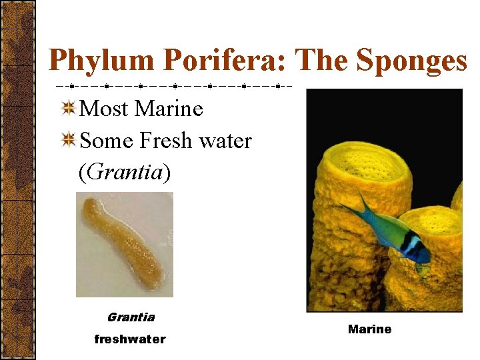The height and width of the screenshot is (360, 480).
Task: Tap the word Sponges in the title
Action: (412, 61)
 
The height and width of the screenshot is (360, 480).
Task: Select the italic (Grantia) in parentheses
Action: (125, 173)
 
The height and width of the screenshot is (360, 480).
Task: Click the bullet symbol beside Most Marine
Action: (68, 107)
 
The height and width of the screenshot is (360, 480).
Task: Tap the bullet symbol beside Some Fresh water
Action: (68, 140)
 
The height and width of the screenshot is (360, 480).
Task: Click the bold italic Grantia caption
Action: (131, 317)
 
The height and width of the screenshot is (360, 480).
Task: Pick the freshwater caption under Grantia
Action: (130, 339)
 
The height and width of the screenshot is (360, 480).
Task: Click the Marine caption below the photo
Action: (370, 329)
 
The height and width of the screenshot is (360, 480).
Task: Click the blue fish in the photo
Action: (393, 229)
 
